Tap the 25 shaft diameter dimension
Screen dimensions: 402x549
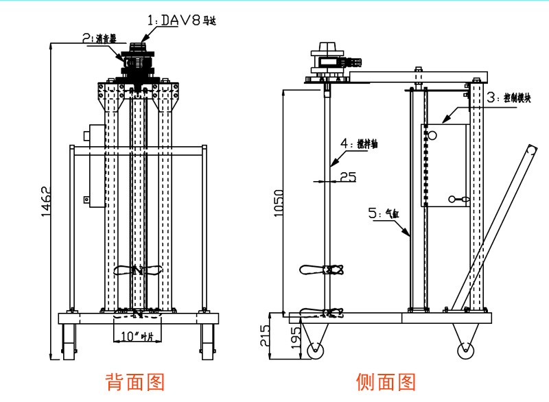tap(348, 177)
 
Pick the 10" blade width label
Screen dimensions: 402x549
tap(135, 336)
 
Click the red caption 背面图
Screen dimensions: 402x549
tap(135, 381)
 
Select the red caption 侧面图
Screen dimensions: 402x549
tap(386, 381)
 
